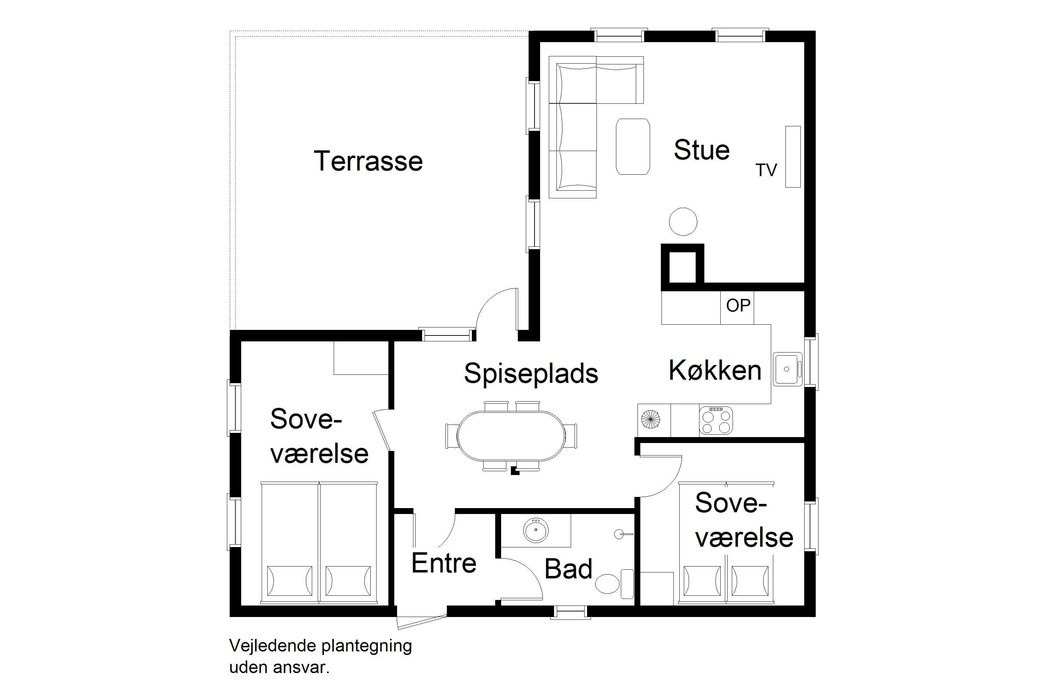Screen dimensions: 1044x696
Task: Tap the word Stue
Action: [702, 150]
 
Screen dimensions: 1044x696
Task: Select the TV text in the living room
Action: [766, 170]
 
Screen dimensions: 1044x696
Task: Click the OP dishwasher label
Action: [738, 306]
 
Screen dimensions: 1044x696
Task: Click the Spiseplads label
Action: [531, 374]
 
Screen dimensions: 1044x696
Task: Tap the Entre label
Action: [444, 563]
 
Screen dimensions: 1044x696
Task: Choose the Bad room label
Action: [568, 569]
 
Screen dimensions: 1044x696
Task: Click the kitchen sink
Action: [788, 369]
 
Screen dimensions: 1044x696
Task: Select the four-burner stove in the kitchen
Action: [716, 420]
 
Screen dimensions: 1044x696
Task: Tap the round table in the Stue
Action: [683, 221]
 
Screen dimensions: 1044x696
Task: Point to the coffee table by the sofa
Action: [633, 147]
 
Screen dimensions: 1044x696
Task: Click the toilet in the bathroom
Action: [614, 583]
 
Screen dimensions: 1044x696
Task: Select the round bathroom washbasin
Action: [536, 530]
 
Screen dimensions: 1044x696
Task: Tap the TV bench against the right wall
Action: [793, 157]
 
